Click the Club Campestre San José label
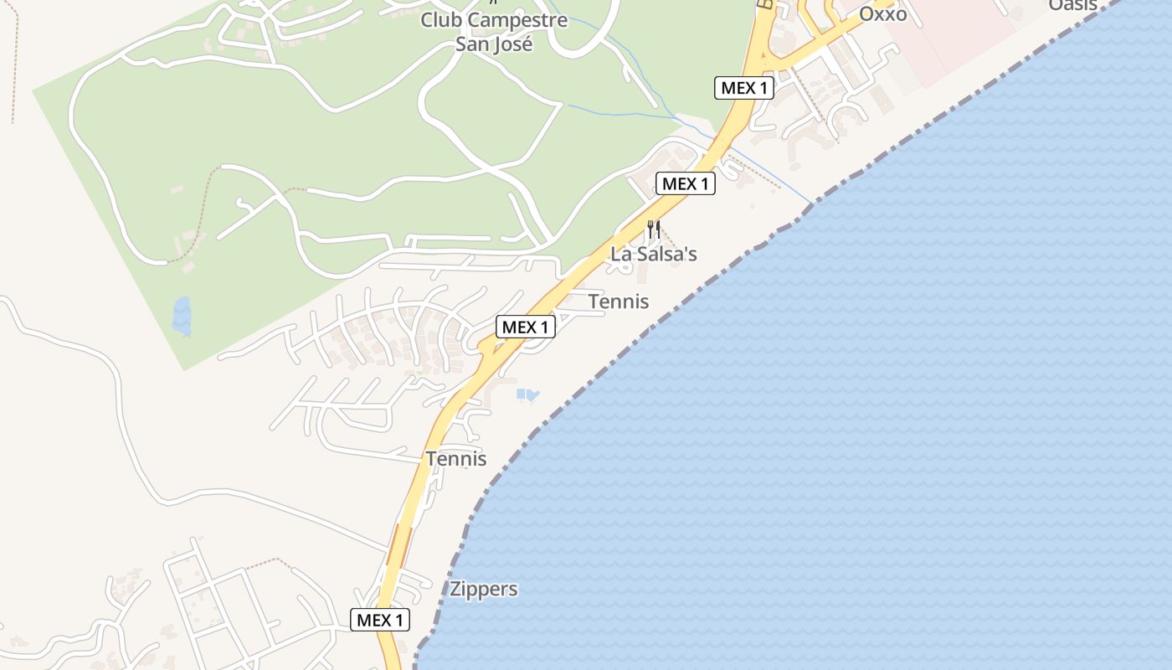click(x=494, y=32)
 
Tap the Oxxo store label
click(x=882, y=14)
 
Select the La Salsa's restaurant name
click(x=654, y=254)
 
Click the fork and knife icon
click(x=654, y=229)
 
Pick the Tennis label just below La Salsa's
click(x=619, y=301)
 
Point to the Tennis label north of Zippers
click(x=456, y=459)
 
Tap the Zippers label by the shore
click(x=484, y=589)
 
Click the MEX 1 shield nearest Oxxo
click(x=744, y=88)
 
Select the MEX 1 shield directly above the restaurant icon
click(x=686, y=184)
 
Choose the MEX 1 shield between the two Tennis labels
click(x=526, y=327)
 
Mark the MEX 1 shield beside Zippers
click(x=380, y=621)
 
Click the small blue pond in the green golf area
click(x=181, y=315)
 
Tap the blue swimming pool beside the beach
click(x=527, y=394)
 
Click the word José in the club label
click(x=513, y=44)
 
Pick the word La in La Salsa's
click(x=621, y=254)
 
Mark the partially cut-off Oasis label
click(x=1072, y=5)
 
